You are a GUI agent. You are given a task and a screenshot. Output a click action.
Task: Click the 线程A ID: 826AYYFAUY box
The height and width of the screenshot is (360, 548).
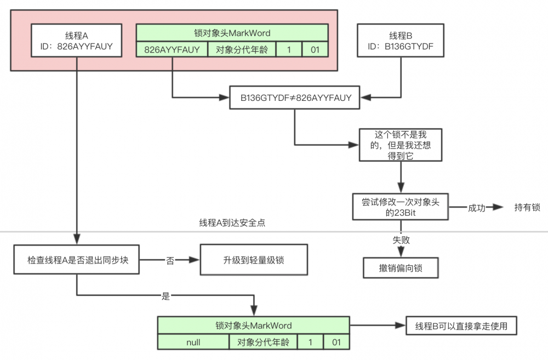[77, 41]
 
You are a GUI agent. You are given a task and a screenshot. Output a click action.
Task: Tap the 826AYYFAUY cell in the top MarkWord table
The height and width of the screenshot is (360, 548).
[172, 50]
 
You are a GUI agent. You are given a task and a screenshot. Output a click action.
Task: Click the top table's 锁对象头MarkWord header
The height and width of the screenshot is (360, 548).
[232, 33]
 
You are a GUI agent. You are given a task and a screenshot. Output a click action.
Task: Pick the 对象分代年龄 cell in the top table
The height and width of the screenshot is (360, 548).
[242, 50]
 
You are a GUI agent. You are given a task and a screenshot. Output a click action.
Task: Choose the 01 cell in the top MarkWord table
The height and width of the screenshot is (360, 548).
[315, 50]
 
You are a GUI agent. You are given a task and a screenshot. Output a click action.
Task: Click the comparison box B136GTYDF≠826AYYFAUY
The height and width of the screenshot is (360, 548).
[296, 98]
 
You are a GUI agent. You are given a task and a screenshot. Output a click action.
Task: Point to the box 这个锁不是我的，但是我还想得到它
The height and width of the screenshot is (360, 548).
[401, 145]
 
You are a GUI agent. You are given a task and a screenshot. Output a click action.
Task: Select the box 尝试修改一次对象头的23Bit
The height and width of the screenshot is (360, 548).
[401, 207]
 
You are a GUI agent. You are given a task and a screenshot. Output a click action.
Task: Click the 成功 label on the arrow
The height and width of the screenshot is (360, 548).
[476, 208]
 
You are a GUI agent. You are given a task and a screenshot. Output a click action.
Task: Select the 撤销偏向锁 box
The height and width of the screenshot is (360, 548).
[401, 268]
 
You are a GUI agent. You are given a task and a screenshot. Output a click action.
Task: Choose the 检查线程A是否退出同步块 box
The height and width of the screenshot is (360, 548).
[77, 260]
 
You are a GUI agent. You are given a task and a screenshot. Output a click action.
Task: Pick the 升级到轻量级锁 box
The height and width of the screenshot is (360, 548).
[253, 260]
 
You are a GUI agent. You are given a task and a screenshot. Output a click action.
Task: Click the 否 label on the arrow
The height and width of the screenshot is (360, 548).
[170, 260]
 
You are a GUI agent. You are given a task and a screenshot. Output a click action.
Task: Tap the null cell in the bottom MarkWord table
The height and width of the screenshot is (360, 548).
[193, 342]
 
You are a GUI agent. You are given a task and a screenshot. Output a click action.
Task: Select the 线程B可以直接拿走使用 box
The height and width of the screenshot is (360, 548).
[460, 326]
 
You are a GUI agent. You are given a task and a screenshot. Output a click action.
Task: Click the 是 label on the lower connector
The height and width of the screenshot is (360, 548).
[166, 296]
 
